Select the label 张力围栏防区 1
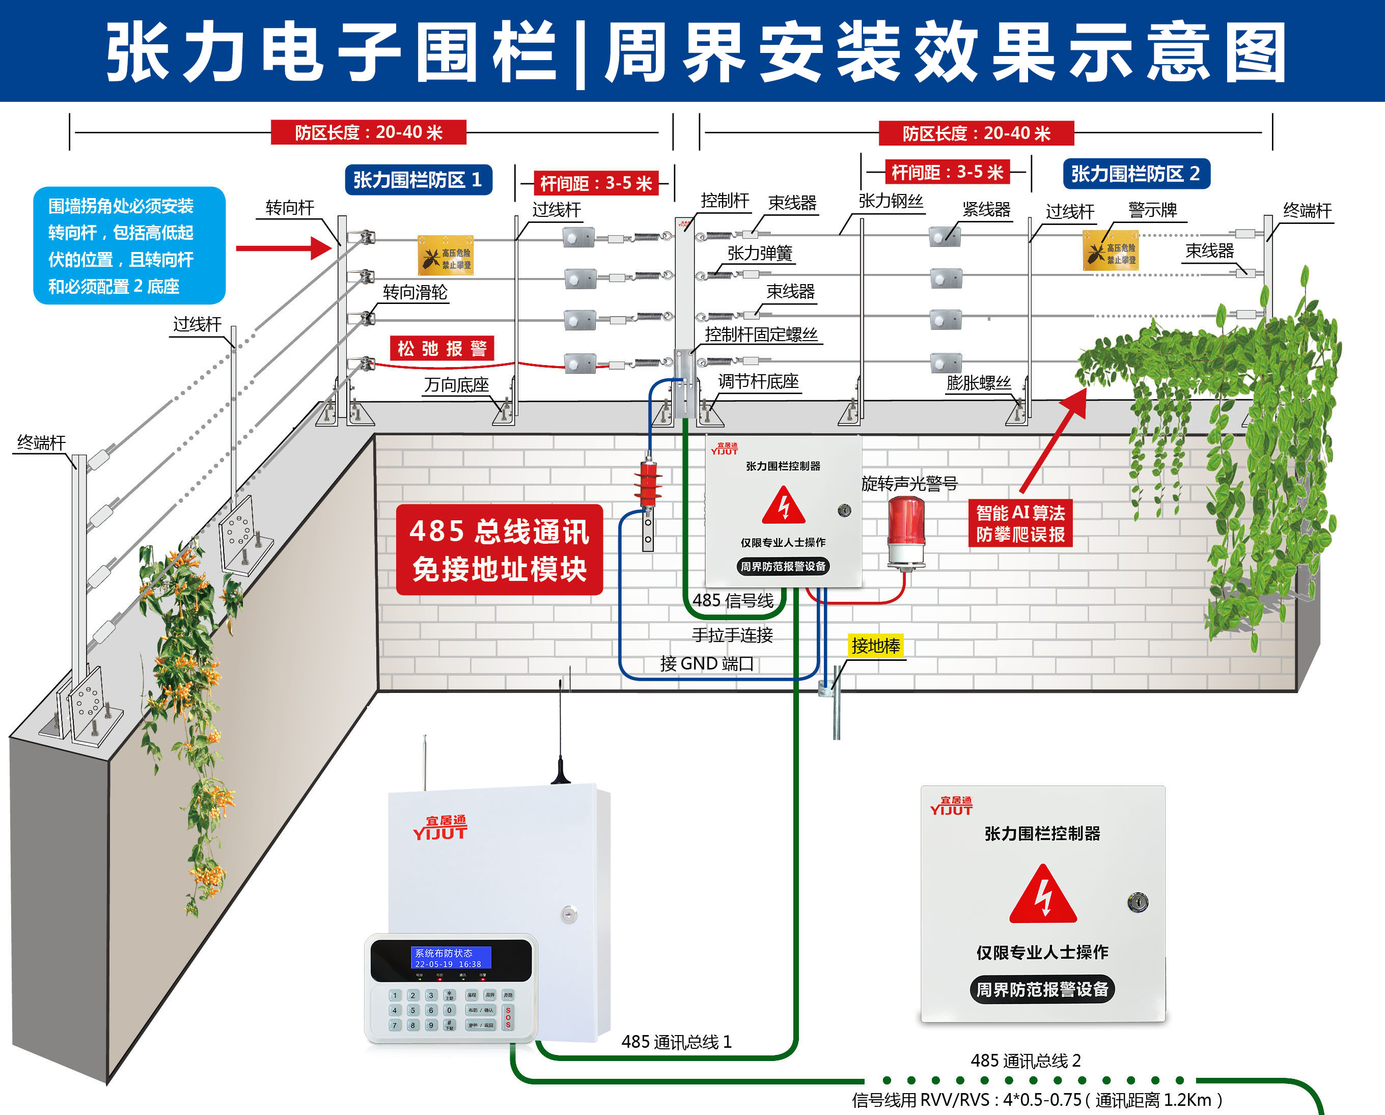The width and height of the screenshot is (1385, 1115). [418, 180]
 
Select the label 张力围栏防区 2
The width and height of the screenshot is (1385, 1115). [1136, 174]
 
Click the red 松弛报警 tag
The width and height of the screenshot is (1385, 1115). [442, 349]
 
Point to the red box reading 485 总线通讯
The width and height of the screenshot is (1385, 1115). [499, 550]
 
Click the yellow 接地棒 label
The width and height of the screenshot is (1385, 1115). [876, 646]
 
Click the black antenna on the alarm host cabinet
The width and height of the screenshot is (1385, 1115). [560, 739]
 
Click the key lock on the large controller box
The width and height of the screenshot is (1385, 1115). [1137, 902]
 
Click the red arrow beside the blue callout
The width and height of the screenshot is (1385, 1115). [283, 248]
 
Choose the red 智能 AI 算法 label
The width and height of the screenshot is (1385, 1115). [1019, 523]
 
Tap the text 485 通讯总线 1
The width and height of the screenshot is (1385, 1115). [676, 1042]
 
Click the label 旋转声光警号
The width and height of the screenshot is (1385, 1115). [909, 483]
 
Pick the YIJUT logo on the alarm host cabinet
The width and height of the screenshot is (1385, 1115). [440, 828]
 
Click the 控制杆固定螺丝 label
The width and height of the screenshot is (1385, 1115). [761, 334]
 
